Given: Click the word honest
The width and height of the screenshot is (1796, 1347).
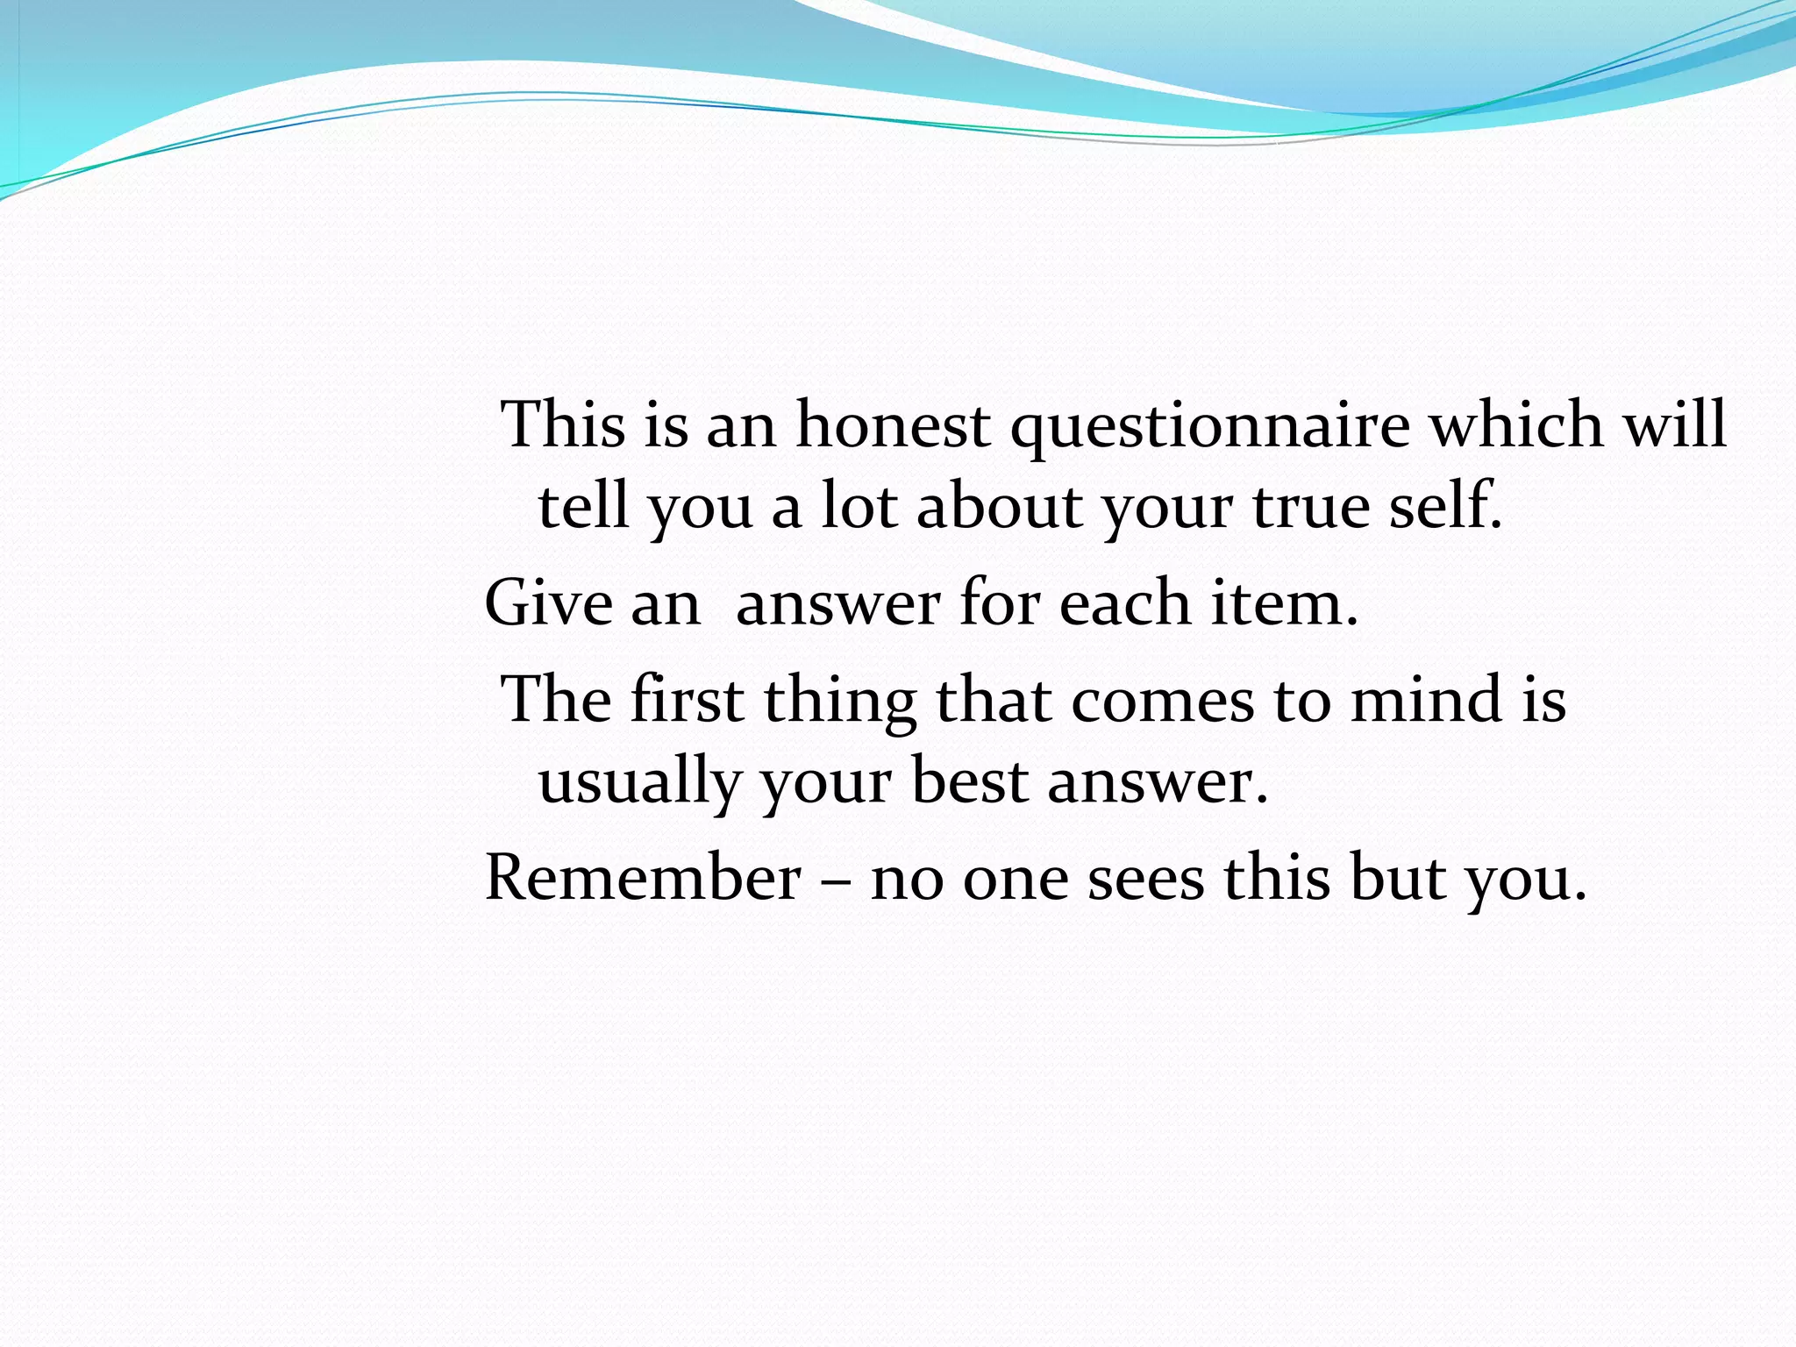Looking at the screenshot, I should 893,425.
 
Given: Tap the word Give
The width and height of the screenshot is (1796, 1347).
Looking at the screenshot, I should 548,603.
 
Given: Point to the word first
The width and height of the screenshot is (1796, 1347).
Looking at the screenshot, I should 687,700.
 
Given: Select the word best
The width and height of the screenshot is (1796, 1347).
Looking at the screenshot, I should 970,780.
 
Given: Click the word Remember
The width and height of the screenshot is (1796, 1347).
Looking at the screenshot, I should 643,877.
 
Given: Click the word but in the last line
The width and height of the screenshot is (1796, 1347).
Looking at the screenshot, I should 1397,877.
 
